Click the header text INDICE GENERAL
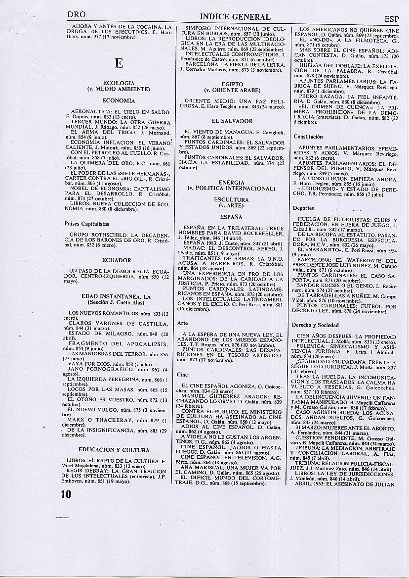point(235,17)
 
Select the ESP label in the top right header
point(391,19)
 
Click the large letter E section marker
point(118,63)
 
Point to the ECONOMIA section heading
point(119,100)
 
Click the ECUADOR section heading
point(117,260)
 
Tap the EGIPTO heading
point(232,85)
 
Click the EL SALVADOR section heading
point(232,121)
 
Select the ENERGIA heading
point(231,183)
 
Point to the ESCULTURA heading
point(231,199)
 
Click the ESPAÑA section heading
point(231,217)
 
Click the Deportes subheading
point(303,209)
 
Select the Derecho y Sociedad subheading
point(315,325)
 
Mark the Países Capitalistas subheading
point(87,224)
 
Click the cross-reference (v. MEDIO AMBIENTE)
point(119,89)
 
